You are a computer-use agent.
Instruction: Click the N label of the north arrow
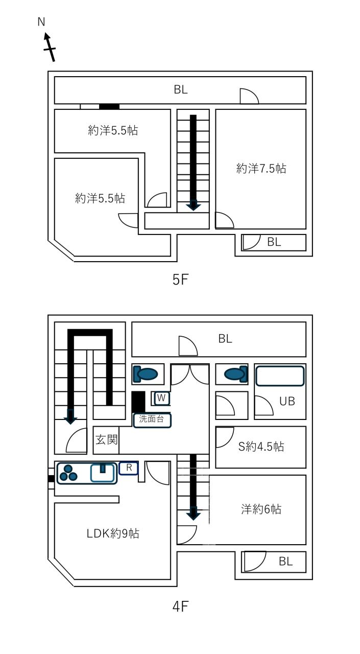[x=41, y=22]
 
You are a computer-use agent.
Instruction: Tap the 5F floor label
[x=180, y=279]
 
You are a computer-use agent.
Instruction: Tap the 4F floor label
[x=180, y=606]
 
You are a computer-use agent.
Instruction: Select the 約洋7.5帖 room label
[x=261, y=169]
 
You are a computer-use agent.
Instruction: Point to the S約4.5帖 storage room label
[x=261, y=447]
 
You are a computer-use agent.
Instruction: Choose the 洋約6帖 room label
[x=261, y=509]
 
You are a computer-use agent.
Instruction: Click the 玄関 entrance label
[x=106, y=439]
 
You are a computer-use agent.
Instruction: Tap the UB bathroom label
[x=287, y=402]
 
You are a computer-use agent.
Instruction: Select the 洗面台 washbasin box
[x=152, y=421]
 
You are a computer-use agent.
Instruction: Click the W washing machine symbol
[x=161, y=398]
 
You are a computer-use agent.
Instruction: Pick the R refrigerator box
[x=129, y=468]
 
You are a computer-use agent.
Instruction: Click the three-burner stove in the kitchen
[x=68, y=473]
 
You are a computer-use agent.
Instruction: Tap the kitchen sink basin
[x=102, y=473]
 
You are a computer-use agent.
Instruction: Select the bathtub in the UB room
[x=280, y=376]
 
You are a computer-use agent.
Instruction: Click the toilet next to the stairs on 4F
[x=146, y=374]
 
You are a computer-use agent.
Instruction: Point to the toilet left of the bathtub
[x=236, y=374]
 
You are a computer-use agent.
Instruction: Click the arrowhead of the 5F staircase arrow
[x=194, y=205]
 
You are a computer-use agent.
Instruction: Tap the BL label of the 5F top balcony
[x=181, y=89]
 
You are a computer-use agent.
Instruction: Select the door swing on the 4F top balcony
[x=188, y=346]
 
